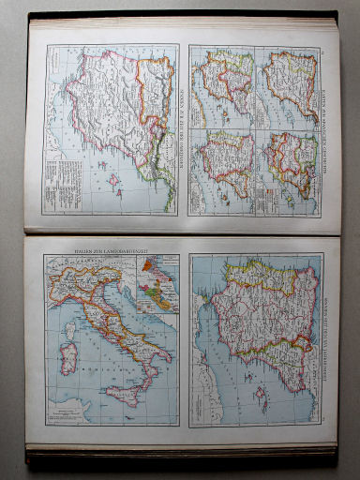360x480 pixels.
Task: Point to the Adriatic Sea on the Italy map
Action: [x=131, y=314]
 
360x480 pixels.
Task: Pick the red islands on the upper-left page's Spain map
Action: [x=114, y=177]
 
